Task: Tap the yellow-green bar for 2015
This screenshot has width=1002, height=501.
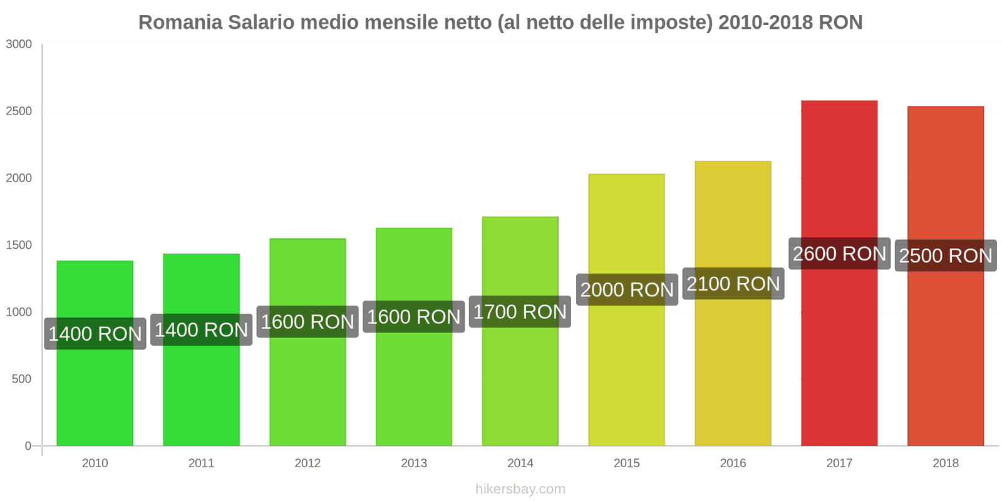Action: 626,376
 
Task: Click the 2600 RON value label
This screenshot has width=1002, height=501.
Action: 839,254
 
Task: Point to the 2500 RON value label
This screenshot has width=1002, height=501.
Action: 946,256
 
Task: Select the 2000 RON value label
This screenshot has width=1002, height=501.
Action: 627,289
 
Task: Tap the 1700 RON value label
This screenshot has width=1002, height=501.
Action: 520,312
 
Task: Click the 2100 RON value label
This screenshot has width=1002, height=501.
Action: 733,284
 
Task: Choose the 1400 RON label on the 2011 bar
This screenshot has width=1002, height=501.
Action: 201,329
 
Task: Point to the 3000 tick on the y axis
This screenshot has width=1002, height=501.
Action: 19,44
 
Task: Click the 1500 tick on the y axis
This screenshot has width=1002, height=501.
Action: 19,245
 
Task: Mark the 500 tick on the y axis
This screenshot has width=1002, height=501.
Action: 21,379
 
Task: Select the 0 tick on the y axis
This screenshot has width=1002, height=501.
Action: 28,446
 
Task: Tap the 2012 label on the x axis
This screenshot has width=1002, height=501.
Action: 307,463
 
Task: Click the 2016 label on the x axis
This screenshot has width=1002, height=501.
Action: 733,463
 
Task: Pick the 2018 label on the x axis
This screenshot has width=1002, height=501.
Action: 946,463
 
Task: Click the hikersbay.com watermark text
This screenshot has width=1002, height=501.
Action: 520,489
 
